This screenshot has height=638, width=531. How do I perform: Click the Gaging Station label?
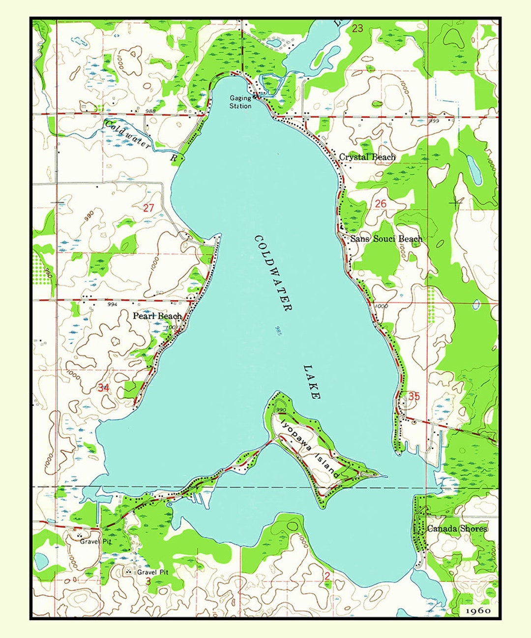[240, 102]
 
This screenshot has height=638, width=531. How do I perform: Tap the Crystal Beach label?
[367, 157]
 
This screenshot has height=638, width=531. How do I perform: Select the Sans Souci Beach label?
[386, 239]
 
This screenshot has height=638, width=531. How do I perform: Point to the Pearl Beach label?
[157, 316]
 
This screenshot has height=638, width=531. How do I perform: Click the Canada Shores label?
[457, 529]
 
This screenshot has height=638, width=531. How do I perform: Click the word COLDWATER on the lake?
[273, 273]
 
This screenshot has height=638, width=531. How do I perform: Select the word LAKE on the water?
[312, 382]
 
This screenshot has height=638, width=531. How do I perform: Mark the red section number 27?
[148, 208]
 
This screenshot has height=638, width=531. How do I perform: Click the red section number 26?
[381, 204]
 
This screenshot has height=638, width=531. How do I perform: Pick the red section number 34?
[103, 388]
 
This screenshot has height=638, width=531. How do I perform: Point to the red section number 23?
[357, 29]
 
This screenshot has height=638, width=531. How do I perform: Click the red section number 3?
[148, 581]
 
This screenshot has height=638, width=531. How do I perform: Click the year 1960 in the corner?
[477, 610]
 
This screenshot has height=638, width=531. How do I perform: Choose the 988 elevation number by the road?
[150, 111]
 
